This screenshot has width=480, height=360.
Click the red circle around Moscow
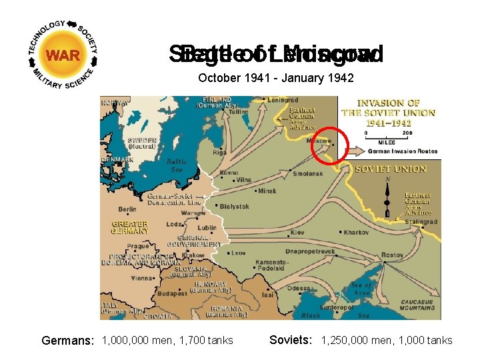tap(329, 143)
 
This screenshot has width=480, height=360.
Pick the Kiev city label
tap(297, 232)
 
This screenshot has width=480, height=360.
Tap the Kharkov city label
tap(356, 232)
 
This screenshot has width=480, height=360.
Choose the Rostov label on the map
tap(392, 255)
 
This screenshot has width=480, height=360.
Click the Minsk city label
tap(267, 191)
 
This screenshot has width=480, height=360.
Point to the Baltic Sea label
tap(176, 165)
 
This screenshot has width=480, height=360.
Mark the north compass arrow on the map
tap(387, 193)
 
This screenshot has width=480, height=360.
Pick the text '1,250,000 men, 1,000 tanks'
tap(387, 341)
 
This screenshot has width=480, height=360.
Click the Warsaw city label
tap(175, 213)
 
